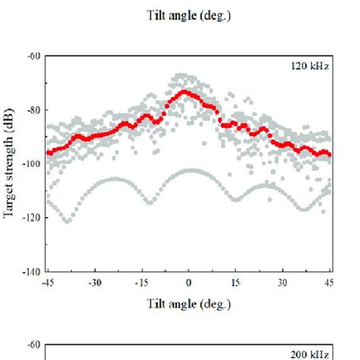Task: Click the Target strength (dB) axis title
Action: (14, 163)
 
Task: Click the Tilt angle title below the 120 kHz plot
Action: (189, 304)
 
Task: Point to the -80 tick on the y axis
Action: (33, 109)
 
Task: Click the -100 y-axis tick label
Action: (31, 163)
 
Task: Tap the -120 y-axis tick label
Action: (31, 217)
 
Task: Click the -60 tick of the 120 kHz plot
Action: (33, 55)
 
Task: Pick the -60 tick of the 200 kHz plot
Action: (33, 344)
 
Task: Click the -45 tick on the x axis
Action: (47, 283)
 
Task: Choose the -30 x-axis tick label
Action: (94, 283)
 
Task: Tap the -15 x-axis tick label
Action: (141, 283)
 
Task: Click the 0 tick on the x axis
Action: (189, 283)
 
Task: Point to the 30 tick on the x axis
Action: (283, 283)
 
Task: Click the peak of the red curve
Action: (185, 92)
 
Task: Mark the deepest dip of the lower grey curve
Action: (67, 221)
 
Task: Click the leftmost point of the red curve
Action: (48, 153)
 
